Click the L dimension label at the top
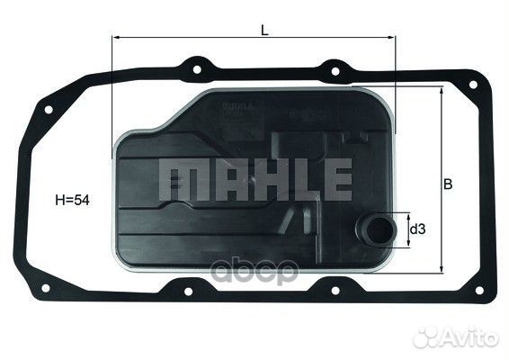point(263,29)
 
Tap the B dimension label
point(447,184)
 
